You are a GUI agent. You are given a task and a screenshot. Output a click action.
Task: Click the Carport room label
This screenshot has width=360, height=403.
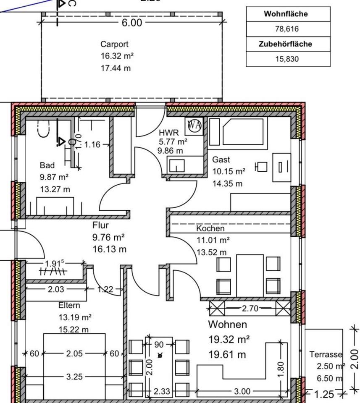pyautogui.click(x=114, y=44)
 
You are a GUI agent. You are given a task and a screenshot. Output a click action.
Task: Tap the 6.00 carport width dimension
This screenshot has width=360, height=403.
pyautogui.click(x=132, y=23)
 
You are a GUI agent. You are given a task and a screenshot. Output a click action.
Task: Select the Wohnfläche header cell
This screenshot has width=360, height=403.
pyautogui.click(x=286, y=14)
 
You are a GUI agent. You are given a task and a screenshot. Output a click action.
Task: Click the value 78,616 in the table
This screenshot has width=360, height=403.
pyautogui.click(x=287, y=29)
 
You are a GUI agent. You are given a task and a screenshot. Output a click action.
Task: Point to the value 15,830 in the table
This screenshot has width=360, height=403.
pyautogui.click(x=287, y=59)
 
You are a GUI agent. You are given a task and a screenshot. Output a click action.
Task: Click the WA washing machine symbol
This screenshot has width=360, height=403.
pyautogui.click(x=194, y=125)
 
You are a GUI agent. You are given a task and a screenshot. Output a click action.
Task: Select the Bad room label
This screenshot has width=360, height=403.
pyautogui.click(x=47, y=165)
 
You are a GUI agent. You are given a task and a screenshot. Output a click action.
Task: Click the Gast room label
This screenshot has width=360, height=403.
pyautogui.click(x=221, y=160)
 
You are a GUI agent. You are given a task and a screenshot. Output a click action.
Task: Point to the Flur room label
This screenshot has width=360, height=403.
pyautogui.click(x=100, y=225)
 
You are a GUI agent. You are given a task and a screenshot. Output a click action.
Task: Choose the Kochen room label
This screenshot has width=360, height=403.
pyautogui.click(x=210, y=229)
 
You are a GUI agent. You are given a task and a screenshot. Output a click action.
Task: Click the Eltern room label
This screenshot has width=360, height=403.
pyautogui.click(x=69, y=306)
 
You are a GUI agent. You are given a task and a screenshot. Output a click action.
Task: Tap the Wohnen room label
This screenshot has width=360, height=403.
pyautogui.click(x=228, y=324)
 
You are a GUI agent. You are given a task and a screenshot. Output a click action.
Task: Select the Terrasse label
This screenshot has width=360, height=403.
pyautogui.click(x=326, y=355)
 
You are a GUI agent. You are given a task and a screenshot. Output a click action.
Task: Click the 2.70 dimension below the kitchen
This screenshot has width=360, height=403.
pyautogui.click(x=250, y=309)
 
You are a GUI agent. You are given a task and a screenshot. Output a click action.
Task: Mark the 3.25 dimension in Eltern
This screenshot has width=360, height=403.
pyautogui.click(x=74, y=377)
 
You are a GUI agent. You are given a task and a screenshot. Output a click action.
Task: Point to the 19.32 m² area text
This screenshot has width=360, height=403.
pyautogui.click(x=229, y=339)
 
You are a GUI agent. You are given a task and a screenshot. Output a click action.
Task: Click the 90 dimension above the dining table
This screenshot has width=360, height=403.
pyautogui.click(x=159, y=345)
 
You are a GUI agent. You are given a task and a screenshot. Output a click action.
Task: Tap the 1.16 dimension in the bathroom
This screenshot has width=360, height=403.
pyautogui.click(x=92, y=145)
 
